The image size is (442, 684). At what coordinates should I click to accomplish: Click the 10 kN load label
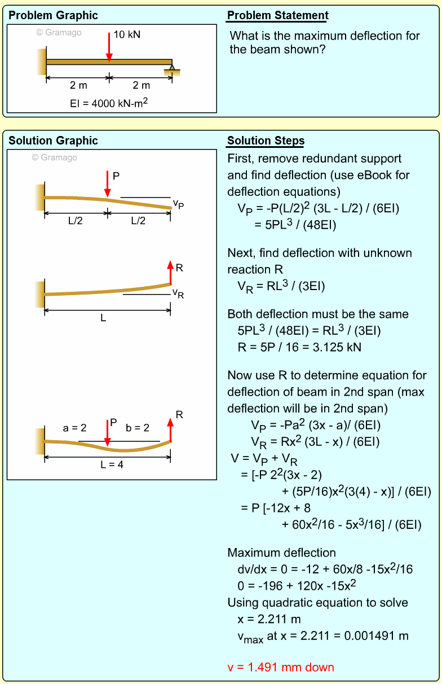tap(127, 34)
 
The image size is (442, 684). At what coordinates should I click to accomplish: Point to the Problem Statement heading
tap(277, 16)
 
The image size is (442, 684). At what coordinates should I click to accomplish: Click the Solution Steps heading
tap(266, 141)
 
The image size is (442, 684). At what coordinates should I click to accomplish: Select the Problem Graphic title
tap(53, 16)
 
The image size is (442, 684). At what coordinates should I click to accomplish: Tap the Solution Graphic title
tap(53, 141)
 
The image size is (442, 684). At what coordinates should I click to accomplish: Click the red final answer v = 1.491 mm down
tap(281, 668)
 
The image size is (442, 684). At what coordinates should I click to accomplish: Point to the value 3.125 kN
tap(337, 348)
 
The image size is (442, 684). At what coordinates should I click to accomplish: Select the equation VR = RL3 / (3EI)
tap(281, 287)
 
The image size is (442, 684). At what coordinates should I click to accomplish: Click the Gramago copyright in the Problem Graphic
tap(59, 33)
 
